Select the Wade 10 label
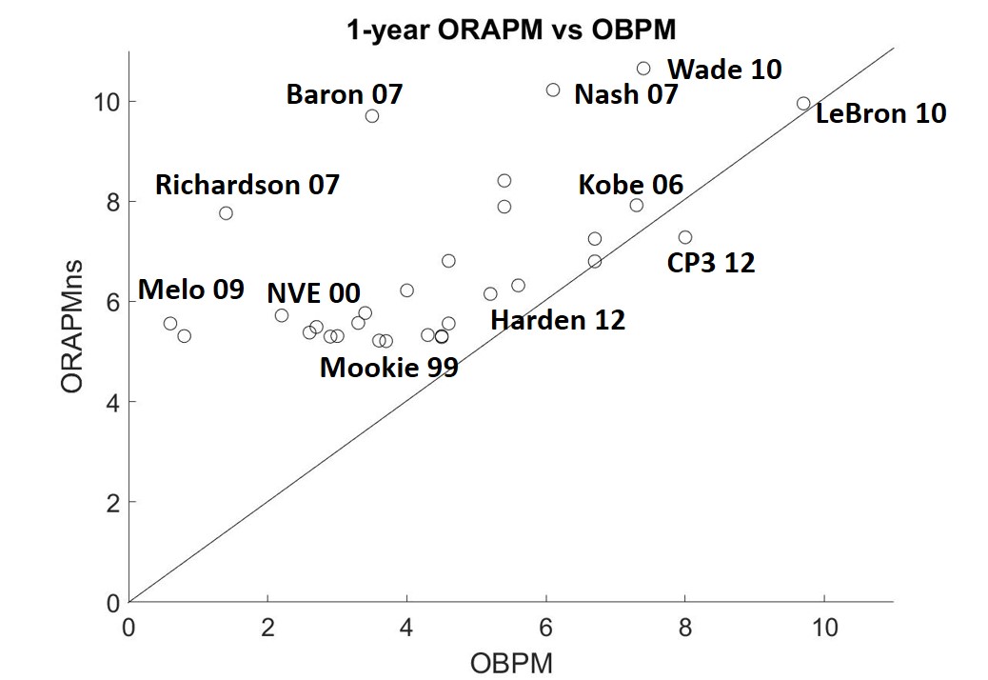[x=724, y=70]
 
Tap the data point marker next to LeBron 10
[x=803, y=103]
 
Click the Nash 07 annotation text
[x=626, y=94]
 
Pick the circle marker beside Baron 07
[x=372, y=116]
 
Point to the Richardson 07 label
[x=247, y=184]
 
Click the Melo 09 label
[x=191, y=290]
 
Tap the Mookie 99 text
[x=388, y=368]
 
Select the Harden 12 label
[x=558, y=320]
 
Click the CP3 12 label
[x=711, y=263]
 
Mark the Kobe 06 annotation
[x=631, y=185]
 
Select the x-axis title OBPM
[x=510, y=661]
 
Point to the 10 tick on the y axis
[x=107, y=101]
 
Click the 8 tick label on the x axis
[x=685, y=629]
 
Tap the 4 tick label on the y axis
[x=112, y=402]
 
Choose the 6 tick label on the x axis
[x=546, y=629]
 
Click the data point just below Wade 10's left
[x=553, y=90]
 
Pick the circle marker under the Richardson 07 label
[x=226, y=212]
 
